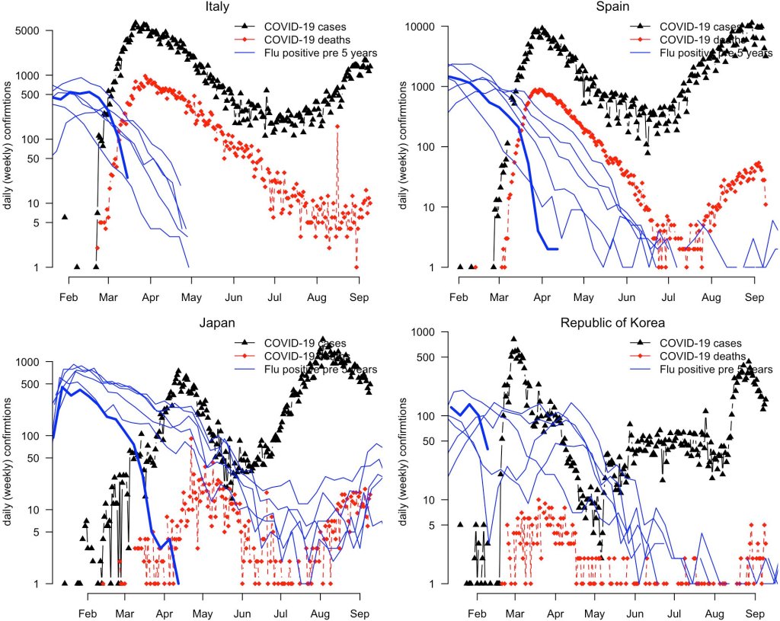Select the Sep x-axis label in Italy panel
pos(359,297)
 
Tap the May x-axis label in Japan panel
pos(203,613)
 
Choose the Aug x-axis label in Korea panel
pos(714,613)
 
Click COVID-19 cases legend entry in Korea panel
pos(702,343)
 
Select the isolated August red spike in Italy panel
pos(337,126)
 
